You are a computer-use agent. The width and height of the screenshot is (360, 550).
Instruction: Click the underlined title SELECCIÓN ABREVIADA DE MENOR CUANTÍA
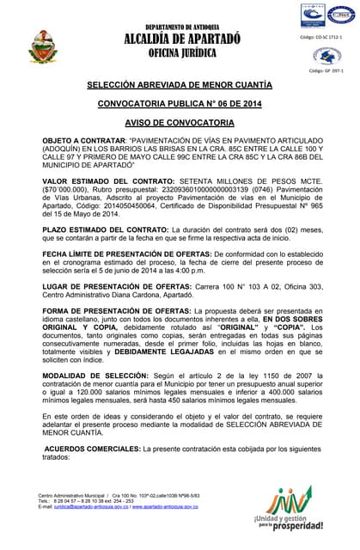point(180,86)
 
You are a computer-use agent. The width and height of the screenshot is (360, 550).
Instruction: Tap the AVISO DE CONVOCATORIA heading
point(180,123)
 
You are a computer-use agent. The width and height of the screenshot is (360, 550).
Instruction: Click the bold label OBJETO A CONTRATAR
point(82,140)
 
